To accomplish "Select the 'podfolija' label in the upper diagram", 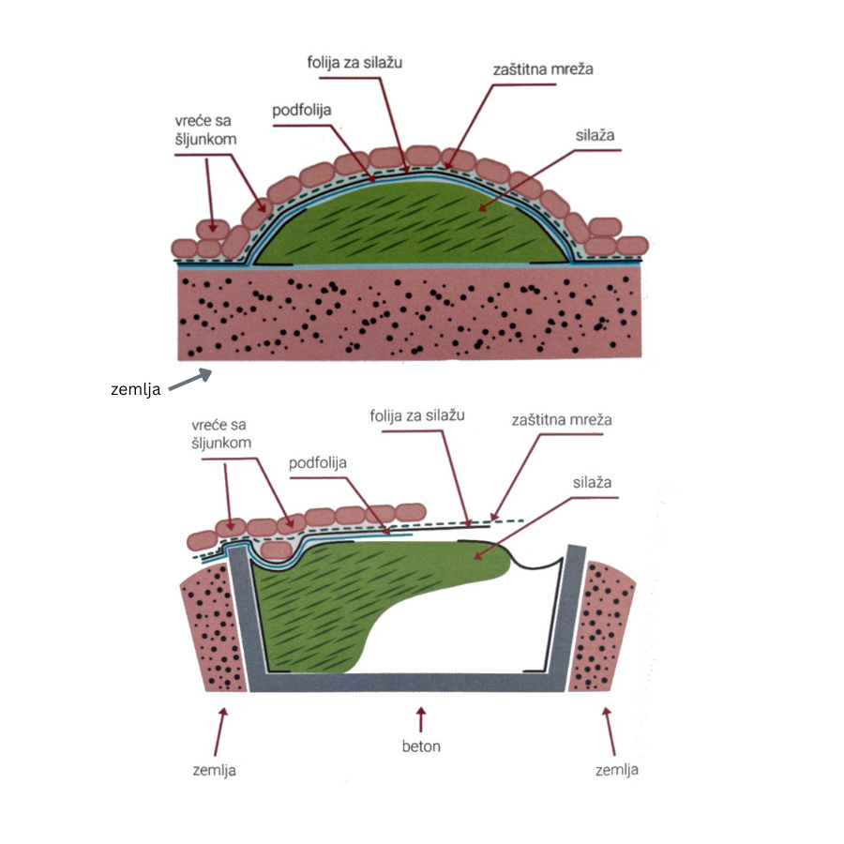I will pyautogui.click(x=303, y=110).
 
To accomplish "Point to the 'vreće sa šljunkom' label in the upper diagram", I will pyautogui.click(x=204, y=131).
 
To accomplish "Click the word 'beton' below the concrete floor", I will pyautogui.click(x=421, y=746).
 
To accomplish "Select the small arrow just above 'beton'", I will pyautogui.click(x=421, y=720).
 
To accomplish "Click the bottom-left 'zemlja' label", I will pyautogui.click(x=212, y=770).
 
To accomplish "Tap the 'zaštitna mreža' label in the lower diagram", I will pyautogui.click(x=562, y=419).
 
